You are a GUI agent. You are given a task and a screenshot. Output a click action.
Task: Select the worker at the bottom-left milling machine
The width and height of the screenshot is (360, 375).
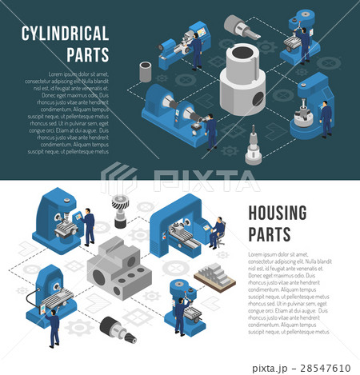pos(53,327)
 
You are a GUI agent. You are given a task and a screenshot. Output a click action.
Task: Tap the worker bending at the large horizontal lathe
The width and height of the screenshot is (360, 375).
pos(210,130)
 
